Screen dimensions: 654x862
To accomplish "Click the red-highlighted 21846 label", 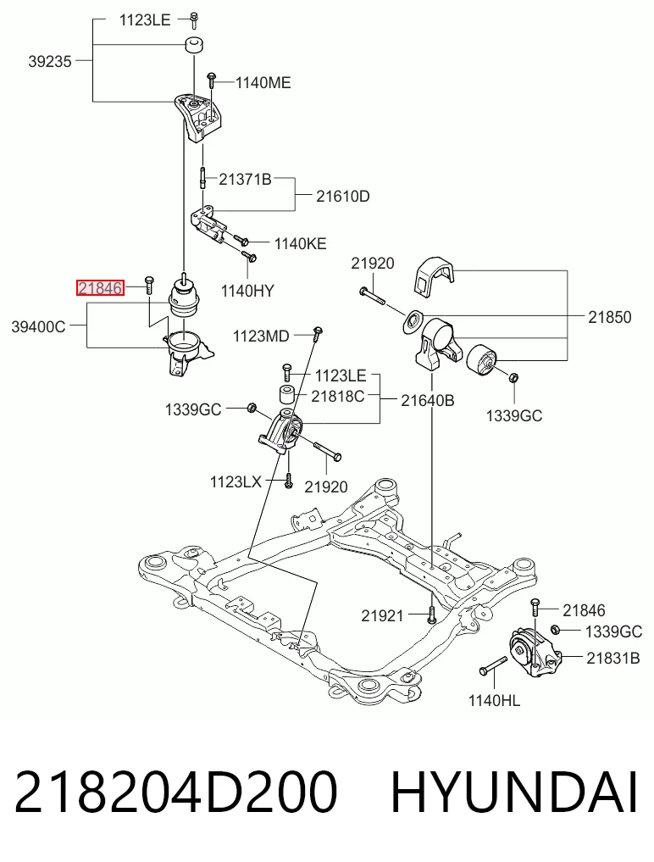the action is click(100, 287).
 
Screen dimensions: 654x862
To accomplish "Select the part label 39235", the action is click(50, 62).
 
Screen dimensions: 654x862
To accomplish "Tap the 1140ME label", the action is click(263, 83).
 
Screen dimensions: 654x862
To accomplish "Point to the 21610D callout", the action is click(343, 197).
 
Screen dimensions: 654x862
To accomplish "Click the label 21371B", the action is click(245, 179).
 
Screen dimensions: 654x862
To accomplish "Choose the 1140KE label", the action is click(300, 243).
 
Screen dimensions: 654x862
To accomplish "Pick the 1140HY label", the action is click(247, 291).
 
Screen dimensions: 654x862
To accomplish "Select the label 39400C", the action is click(38, 327).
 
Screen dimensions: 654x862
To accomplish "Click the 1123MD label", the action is click(261, 336).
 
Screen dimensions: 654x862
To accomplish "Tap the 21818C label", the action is click(338, 396).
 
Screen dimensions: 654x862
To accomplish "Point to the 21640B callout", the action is click(428, 401).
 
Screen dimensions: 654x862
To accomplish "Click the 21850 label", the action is click(610, 317).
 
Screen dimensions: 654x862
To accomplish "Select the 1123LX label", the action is click(236, 482).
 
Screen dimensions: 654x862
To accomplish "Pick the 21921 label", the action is click(383, 615).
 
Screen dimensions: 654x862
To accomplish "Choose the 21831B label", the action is click(613, 658).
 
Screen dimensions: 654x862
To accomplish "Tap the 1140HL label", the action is click(494, 700).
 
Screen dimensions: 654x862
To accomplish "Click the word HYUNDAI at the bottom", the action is click(514, 792).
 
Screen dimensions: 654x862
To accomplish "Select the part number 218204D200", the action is click(176, 792).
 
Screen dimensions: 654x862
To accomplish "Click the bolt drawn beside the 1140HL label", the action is click(493, 665).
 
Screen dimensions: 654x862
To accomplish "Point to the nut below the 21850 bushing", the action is click(514, 377).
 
